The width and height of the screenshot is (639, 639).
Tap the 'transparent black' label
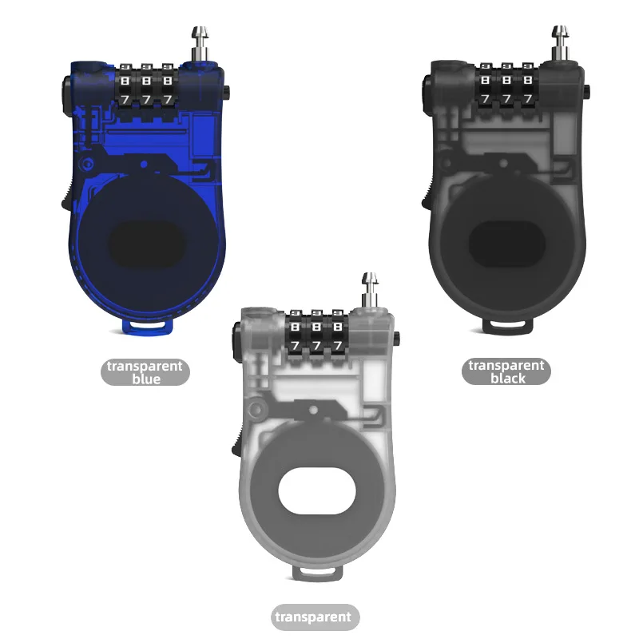[506, 371]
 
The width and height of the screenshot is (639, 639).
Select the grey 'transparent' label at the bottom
[313, 617]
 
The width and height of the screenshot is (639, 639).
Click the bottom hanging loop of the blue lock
[149, 326]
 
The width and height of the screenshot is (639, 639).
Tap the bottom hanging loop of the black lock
[510, 325]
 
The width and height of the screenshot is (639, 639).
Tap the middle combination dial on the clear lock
[317, 334]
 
